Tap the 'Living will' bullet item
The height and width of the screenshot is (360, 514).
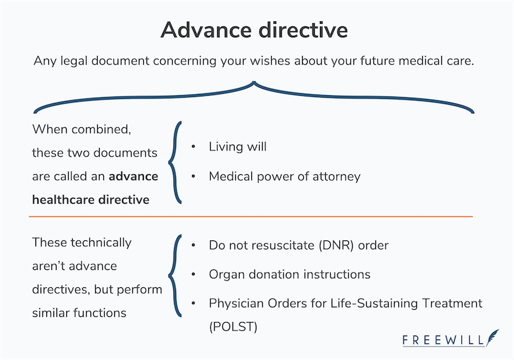point(237,147)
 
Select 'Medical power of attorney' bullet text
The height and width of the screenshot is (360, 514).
point(284,176)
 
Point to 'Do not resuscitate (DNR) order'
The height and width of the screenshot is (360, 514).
point(298,245)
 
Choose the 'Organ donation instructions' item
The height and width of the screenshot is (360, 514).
point(289,274)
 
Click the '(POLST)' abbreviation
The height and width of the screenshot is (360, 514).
point(233,327)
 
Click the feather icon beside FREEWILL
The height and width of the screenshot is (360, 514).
point(492,337)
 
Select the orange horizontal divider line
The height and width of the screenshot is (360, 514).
point(257,216)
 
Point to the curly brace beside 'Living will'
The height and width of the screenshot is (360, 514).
point(173,162)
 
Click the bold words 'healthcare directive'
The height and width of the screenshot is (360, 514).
point(91,199)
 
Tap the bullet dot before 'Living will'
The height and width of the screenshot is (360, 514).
point(193,147)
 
